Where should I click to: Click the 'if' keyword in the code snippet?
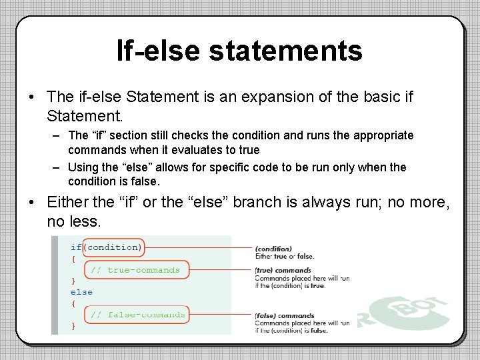[x=76, y=247]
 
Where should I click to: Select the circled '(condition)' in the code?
[x=114, y=247]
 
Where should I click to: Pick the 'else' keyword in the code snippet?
[x=81, y=292]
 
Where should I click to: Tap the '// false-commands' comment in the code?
[x=138, y=315]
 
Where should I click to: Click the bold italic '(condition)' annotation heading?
[x=273, y=249]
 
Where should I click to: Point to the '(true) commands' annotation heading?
[x=283, y=271]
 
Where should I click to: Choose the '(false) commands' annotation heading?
[x=284, y=316]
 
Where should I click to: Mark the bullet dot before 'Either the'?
[x=32, y=201]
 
